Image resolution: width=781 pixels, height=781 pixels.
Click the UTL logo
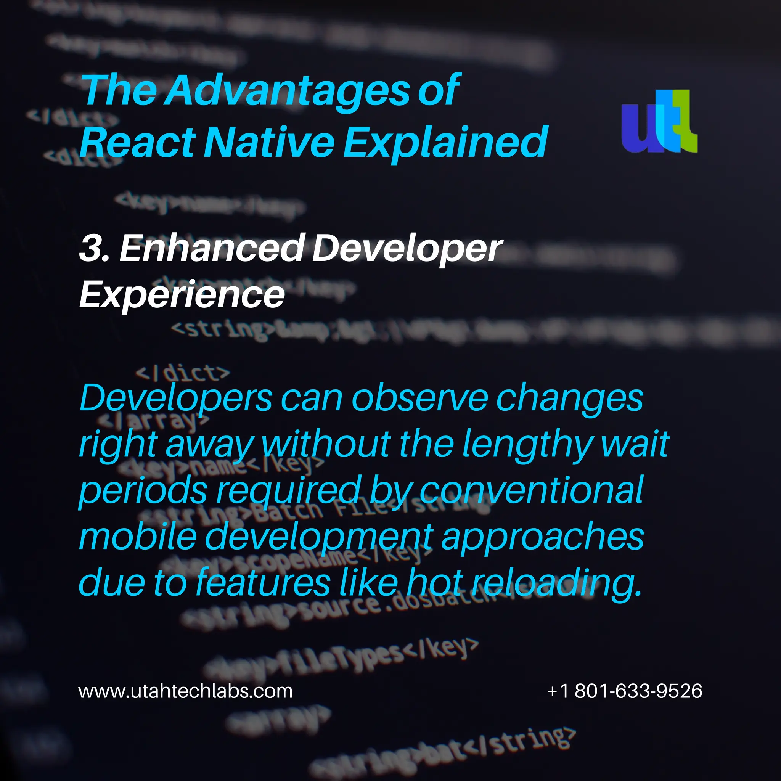[659, 121]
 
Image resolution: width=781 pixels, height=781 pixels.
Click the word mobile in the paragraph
[137, 537]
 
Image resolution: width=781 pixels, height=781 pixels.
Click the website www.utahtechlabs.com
[185, 691]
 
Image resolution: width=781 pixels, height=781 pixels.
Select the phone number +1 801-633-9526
[625, 691]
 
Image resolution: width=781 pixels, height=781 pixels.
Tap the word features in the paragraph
[263, 582]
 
